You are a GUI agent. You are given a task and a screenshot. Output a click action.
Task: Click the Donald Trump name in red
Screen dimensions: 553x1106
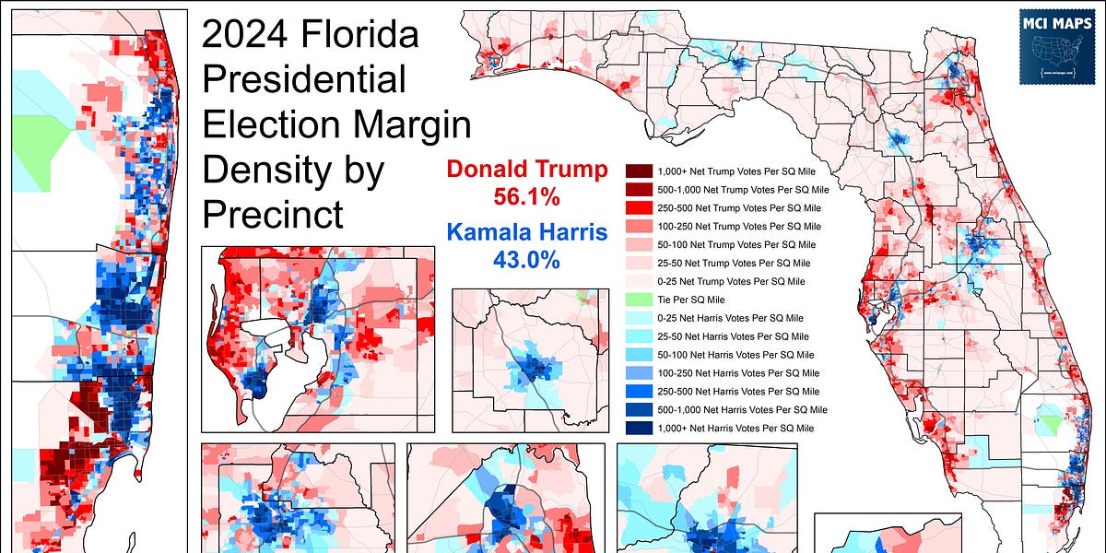[527, 170]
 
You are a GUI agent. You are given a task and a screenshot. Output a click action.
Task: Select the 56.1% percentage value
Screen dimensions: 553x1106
[527, 195]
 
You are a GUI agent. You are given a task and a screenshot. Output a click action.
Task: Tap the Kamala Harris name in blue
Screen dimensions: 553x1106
[527, 234]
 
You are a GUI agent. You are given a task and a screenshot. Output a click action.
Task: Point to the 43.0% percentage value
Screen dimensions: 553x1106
[527, 260]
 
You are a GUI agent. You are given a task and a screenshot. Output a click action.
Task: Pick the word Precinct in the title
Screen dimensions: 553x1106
[273, 214]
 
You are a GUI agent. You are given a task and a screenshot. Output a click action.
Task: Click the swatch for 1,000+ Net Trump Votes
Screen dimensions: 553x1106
[639, 171]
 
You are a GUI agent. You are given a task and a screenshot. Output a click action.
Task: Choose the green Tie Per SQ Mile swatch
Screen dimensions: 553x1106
[639, 300]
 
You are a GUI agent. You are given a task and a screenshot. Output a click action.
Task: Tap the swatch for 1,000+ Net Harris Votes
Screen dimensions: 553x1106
[639, 428]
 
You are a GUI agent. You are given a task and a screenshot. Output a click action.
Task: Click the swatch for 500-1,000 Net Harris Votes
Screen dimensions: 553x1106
[639, 409]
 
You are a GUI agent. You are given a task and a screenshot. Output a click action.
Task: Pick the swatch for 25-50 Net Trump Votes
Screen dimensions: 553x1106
[639, 263]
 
